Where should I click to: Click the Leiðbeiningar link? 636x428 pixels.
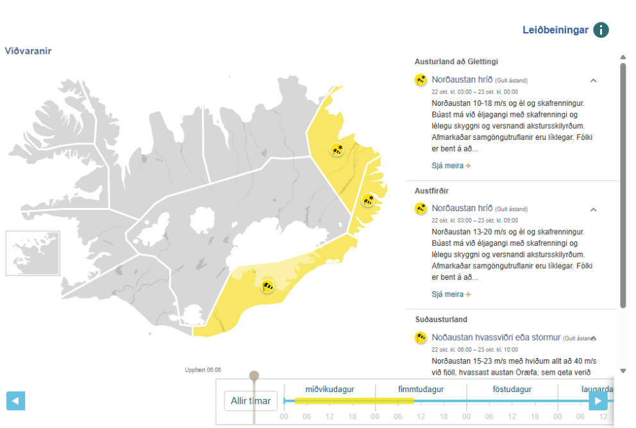[555, 30]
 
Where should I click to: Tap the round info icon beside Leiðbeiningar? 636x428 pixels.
[601, 30]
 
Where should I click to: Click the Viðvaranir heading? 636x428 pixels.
[28, 51]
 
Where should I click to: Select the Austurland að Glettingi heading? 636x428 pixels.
[456, 62]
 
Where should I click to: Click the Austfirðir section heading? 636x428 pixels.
[433, 191]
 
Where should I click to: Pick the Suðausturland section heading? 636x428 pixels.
[441, 319]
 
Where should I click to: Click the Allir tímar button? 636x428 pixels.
[251, 401]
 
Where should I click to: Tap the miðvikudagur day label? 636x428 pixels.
[330, 389]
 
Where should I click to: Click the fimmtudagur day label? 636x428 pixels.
[421, 389]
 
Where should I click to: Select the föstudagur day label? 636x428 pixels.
[512, 389]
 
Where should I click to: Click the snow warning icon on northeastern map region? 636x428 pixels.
[337, 150]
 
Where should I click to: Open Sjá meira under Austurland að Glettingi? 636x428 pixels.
[451, 166]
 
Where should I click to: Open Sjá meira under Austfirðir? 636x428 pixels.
[451, 295]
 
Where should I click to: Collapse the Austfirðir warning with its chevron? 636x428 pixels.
[593, 209]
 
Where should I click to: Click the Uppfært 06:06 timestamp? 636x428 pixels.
[203, 370]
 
